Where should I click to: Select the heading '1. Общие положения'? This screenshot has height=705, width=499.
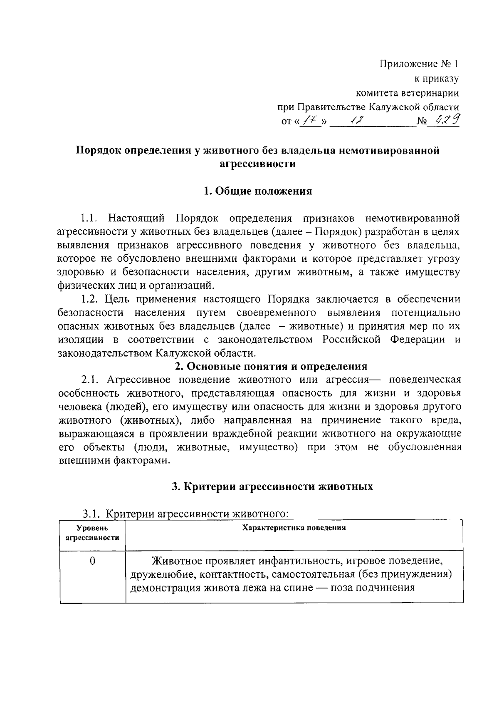258,191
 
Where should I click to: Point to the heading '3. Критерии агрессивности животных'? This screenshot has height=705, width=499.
272,486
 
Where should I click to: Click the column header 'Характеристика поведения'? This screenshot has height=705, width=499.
294,528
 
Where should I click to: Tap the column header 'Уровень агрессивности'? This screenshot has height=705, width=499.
92,533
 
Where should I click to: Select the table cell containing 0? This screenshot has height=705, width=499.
92,561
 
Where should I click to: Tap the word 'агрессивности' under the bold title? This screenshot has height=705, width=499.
257,164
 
